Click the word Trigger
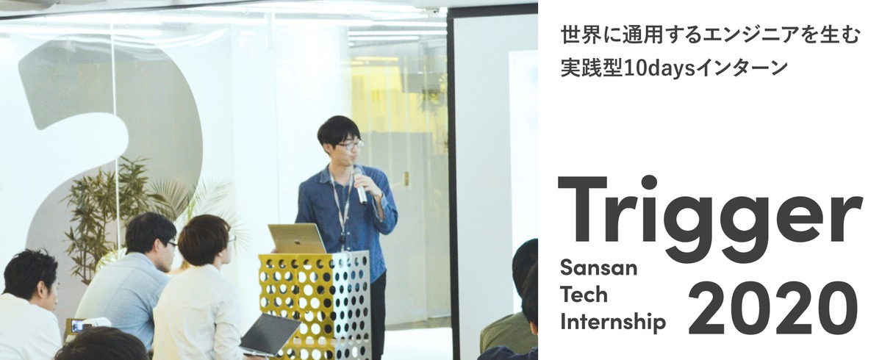(x=710, y=219)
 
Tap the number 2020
(x=773, y=308)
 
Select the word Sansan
(x=598, y=268)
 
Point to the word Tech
(x=584, y=295)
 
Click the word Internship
(x=613, y=321)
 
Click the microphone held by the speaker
(x=360, y=185)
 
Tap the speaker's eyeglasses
(x=349, y=145)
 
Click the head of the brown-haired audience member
(x=204, y=240)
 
